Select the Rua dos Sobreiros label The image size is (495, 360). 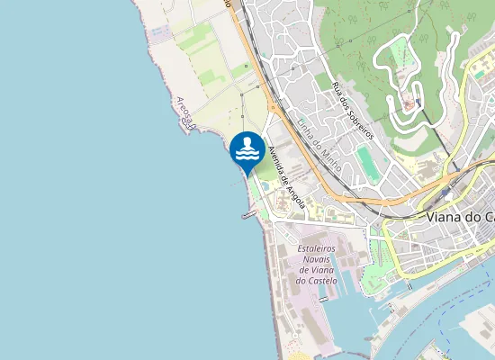pyautogui.click(x=352, y=110)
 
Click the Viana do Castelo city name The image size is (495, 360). pyautogui.click(x=460, y=217)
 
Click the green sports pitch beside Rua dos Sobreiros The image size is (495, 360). pyautogui.click(x=368, y=163)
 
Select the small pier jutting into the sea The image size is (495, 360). pyautogui.click(x=248, y=214)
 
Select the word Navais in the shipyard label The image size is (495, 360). pyautogui.click(x=316, y=257)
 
